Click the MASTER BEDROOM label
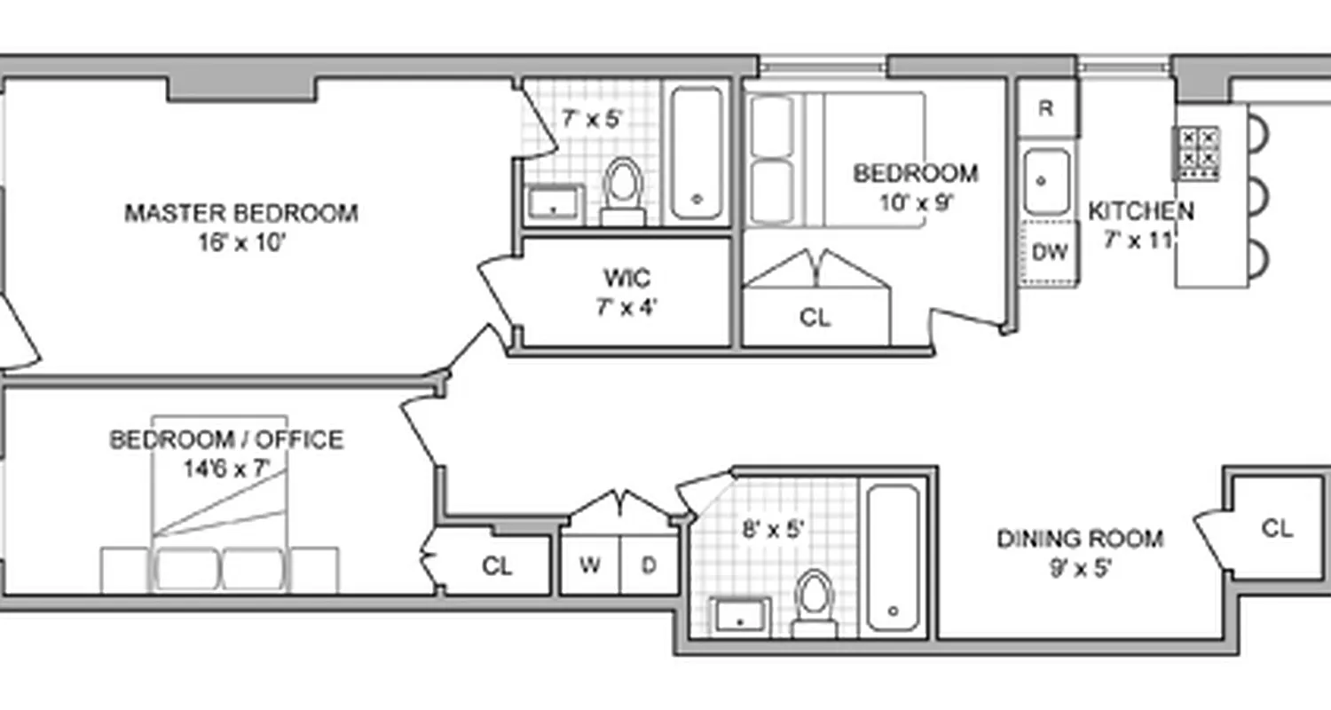tap(240, 214)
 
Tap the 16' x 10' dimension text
tap(240, 242)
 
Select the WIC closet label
tap(626, 279)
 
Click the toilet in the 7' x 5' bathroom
tap(622, 187)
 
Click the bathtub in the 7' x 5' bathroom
tap(696, 153)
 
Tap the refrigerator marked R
tap(1046, 109)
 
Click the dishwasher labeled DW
tap(1050, 253)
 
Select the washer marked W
tap(590, 564)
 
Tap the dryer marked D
tap(649, 564)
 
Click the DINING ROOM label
tap(1080, 539)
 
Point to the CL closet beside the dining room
tap(1277, 529)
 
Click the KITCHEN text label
tap(1140, 212)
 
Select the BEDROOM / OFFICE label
tap(225, 440)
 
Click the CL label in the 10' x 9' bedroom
tap(815, 318)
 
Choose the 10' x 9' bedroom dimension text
tap(916, 202)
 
